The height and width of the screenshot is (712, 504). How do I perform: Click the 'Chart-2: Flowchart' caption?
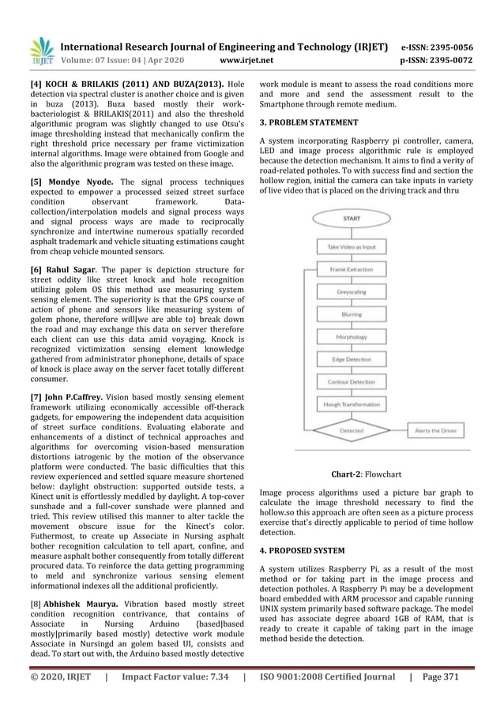(x=366, y=475)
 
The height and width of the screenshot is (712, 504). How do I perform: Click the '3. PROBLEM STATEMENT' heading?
(x=309, y=123)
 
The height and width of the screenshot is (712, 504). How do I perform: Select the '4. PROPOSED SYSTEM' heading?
(x=302, y=549)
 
